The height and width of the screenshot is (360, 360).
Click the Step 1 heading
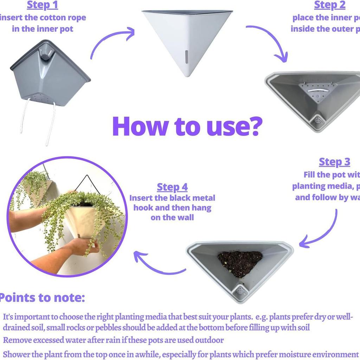tap(42, 5)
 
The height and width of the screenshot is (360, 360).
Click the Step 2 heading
tap(329, 5)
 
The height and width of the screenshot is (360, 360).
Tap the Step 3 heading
tap(334, 162)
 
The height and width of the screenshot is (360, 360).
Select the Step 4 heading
tap(172, 187)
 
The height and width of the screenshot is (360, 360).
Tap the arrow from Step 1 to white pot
tap(112, 40)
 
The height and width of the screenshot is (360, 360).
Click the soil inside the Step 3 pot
tap(240, 262)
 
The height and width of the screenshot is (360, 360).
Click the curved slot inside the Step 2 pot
tap(315, 90)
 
